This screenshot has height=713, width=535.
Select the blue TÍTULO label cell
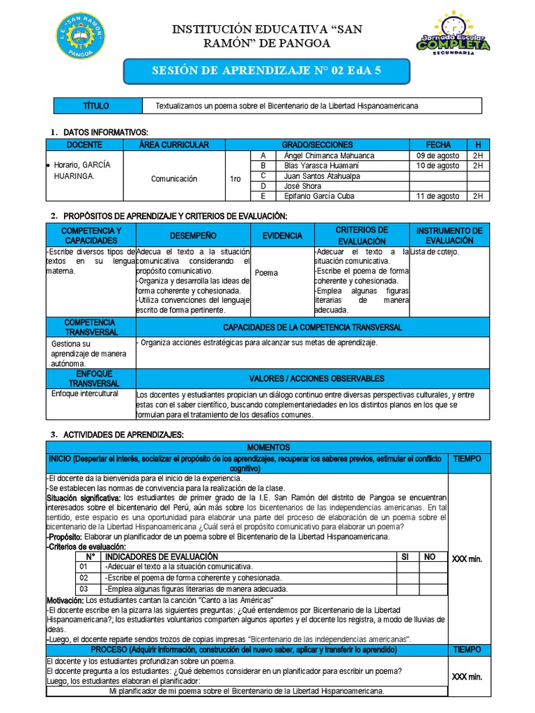click(x=95, y=105)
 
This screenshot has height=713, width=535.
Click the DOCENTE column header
click(x=84, y=144)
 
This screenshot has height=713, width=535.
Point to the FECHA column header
click(x=438, y=144)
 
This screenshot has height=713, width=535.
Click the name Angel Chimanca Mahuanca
click(x=329, y=156)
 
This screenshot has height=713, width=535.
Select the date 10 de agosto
click(x=437, y=166)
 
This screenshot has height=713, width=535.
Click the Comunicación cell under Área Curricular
click(x=173, y=179)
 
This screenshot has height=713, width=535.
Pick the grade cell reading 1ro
click(x=236, y=179)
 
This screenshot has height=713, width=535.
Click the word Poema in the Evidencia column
click(x=267, y=273)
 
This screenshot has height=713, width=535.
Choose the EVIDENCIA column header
click(x=282, y=236)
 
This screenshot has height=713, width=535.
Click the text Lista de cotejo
click(x=435, y=252)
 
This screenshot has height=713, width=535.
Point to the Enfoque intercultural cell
click(x=85, y=393)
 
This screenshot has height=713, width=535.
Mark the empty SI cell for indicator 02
click(x=405, y=578)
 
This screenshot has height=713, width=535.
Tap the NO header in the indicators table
click(x=430, y=556)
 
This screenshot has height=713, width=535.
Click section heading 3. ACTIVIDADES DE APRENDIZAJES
click(x=117, y=434)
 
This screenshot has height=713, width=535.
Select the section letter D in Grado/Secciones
click(x=263, y=186)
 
